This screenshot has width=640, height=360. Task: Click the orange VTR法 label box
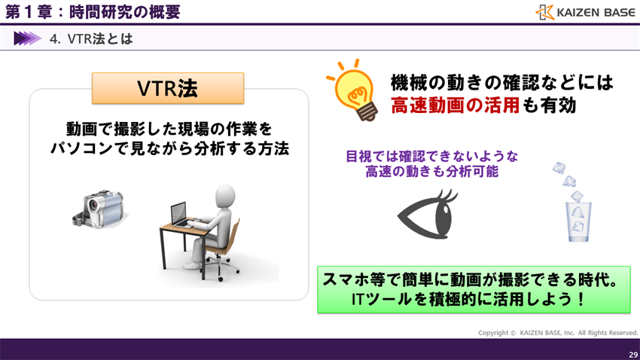(168, 88)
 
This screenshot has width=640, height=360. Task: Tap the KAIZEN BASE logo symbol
(545, 12)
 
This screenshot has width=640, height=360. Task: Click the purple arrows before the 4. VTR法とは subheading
(26, 38)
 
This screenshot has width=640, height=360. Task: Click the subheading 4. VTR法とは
(91, 38)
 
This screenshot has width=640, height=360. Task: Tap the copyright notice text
(557, 333)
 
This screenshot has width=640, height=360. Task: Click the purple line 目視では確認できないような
(432, 157)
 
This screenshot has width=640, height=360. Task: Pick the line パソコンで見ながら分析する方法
(169, 148)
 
